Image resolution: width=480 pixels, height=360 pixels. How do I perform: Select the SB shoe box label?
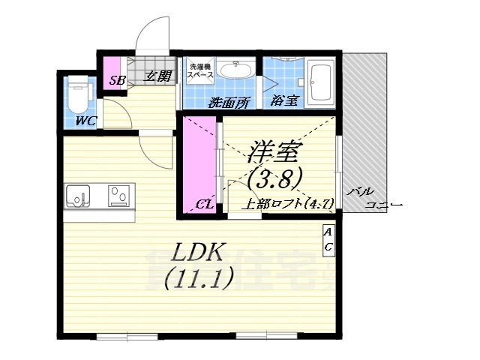click(117, 80)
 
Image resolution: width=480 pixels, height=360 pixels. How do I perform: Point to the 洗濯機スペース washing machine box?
click(201, 71)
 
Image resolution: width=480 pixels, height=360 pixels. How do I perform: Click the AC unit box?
click(328, 239)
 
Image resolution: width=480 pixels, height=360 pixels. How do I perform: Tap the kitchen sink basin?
click(77, 196)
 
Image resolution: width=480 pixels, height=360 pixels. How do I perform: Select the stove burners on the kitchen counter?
click(118, 196)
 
